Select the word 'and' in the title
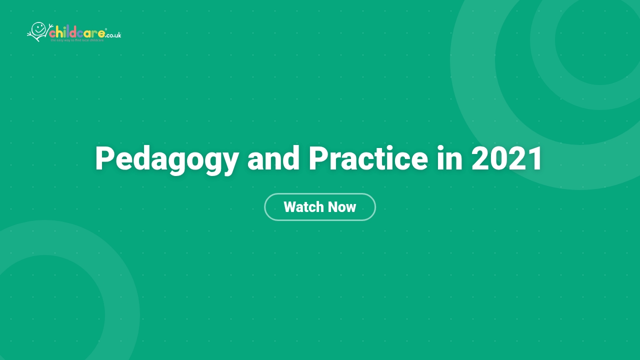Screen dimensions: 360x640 273,159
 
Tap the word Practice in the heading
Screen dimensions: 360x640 368,159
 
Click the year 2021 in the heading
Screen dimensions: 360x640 507,159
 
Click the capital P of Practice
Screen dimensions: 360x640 318,159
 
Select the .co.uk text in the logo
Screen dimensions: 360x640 113,35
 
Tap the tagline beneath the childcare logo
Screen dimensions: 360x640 77,40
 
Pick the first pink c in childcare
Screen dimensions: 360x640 52,34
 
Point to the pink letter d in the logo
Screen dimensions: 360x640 73,33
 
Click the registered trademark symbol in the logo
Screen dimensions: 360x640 106,30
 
